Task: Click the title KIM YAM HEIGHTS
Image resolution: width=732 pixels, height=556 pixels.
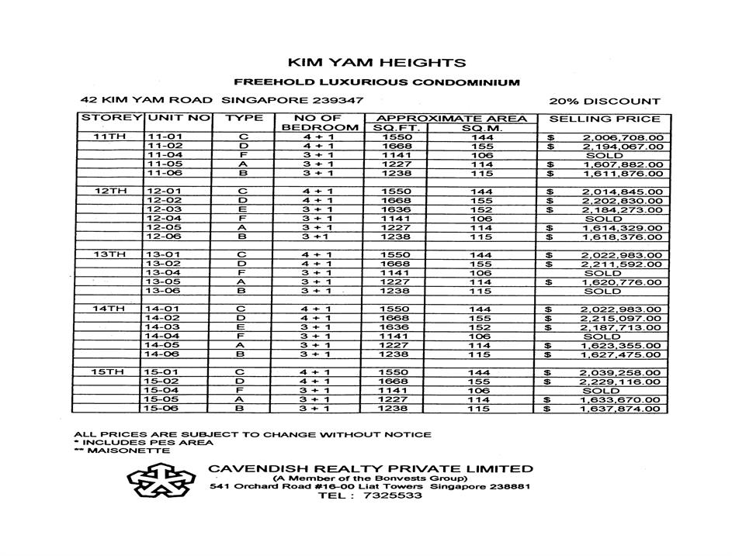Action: pyautogui.click(x=377, y=63)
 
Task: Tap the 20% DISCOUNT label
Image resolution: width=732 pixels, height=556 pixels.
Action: pyautogui.click(x=605, y=101)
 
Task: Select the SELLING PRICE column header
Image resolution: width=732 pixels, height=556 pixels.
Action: pyautogui.click(x=605, y=119)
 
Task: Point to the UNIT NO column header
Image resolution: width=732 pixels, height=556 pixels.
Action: pyautogui.click(x=179, y=119)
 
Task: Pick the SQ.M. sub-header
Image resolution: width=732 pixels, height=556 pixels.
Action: pyautogui.click(x=481, y=128)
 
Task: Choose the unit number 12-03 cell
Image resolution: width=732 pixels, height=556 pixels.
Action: pyautogui.click(x=164, y=209)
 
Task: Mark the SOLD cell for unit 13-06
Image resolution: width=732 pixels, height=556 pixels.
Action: pyautogui.click(x=603, y=292)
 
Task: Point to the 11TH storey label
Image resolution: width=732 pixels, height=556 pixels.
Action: pyautogui.click(x=109, y=137)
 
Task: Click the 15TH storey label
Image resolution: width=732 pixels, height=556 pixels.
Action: pyautogui.click(x=109, y=372)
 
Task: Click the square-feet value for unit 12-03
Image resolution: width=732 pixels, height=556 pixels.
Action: pyautogui.click(x=395, y=209)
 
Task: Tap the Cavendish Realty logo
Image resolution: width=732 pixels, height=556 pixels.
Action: pyautogui.click(x=159, y=482)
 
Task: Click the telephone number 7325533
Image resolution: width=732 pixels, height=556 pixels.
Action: pyautogui.click(x=392, y=496)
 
